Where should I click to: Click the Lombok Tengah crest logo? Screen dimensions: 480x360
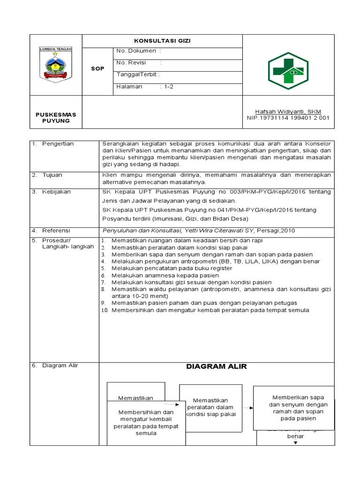click(56, 65)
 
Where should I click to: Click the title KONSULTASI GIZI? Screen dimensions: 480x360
click(162, 41)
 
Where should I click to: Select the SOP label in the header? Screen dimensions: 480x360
click(97, 68)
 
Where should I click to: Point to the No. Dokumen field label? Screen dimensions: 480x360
click(138, 50)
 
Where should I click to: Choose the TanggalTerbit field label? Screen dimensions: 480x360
click(138, 75)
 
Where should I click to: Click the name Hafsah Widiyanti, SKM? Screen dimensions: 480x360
click(288, 111)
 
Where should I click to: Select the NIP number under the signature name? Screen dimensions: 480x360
click(288, 118)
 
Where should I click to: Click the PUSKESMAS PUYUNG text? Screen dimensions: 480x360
click(56, 117)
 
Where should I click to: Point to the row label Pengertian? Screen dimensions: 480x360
click(58, 143)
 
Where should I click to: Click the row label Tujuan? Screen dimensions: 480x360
click(52, 175)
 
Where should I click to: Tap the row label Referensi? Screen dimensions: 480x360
click(56, 231)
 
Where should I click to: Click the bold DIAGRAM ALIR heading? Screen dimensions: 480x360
click(216, 367)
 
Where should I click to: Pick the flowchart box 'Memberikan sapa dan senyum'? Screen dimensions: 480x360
click(293, 408)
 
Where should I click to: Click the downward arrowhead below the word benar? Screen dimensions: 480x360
click(295, 442)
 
